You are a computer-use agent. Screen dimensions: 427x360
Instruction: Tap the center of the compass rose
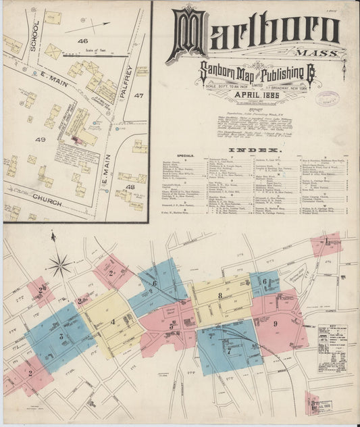pyautogui.click(x=60, y=264)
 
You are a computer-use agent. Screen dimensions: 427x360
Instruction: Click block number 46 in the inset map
pyautogui.click(x=83, y=41)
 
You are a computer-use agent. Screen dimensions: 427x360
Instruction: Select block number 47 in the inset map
pyautogui.click(x=139, y=96)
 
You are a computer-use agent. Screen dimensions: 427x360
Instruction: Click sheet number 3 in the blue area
pyautogui.click(x=60, y=336)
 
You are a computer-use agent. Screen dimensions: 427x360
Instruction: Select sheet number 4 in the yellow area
pyautogui.click(x=113, y=322)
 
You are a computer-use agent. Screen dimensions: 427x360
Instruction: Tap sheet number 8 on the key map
pyautogui.click(x=220, y=295)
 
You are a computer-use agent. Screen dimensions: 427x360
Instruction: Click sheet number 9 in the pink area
pyautogui.click(x=276, y=324)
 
